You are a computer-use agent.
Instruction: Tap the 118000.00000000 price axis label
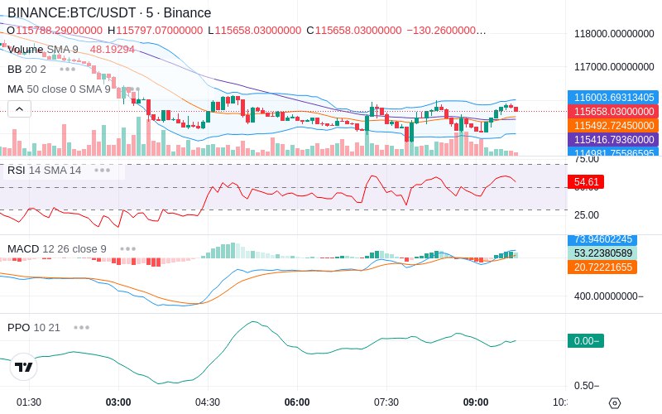[614, 34]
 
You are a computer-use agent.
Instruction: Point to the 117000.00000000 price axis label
[614, 67]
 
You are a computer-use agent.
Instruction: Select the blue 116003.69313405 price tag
[614, 97]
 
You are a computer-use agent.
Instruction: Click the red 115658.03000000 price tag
[614, 111]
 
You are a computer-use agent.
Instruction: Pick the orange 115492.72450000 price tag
[614, 125]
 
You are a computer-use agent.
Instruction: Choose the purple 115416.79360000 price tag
[614, 139]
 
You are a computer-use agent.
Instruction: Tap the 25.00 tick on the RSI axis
[587, 215]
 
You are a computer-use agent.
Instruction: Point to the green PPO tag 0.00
[585, 340]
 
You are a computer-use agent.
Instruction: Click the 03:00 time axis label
[118, 402]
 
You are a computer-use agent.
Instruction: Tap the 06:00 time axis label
[297, 402]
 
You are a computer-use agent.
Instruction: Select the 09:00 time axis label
[476, 402]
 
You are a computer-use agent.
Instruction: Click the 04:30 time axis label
[208, 402]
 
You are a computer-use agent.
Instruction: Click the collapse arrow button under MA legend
[19, 108]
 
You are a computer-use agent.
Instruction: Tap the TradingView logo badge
[24, 367]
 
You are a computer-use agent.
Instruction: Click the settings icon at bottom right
[614, 403]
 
